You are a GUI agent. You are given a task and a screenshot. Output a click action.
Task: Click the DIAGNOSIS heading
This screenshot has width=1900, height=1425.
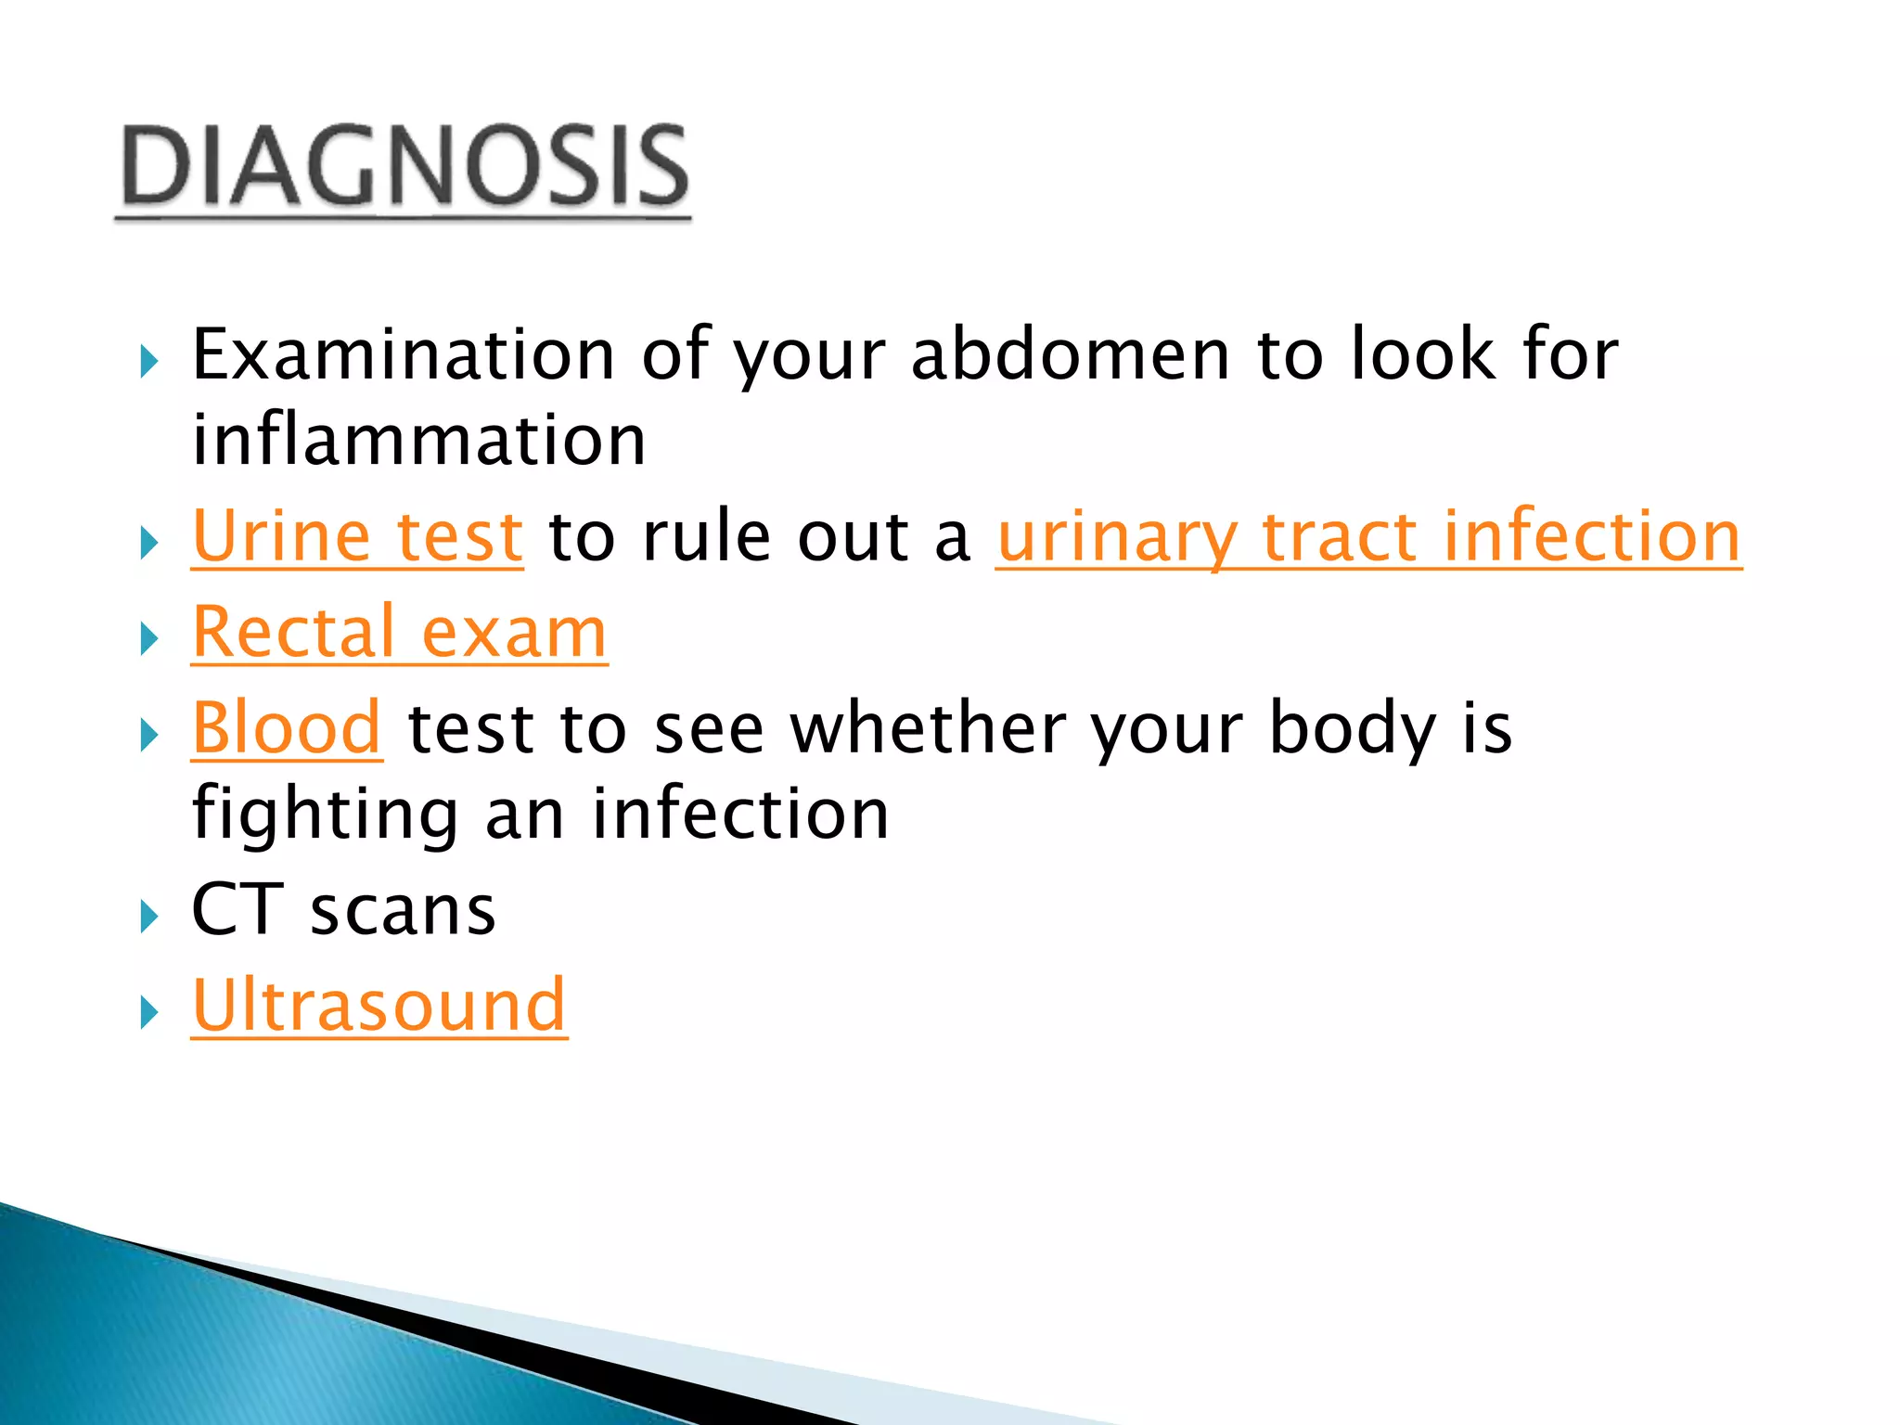click(403, 167)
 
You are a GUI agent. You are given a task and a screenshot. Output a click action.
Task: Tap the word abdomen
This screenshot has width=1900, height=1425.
click(1070, 354)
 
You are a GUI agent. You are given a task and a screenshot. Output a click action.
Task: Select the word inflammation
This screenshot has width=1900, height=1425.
click(418, 440)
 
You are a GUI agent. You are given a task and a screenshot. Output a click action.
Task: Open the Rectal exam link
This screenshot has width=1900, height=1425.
click(399, 633)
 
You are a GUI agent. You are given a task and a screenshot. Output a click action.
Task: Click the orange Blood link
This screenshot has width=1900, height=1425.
click(287, 728)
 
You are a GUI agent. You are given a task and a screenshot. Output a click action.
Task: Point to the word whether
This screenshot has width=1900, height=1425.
click(927, 728)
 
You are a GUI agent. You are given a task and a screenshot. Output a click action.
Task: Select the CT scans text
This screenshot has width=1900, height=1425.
click(343, 910)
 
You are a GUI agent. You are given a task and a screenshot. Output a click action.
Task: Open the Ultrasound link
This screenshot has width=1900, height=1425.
click(379, 1006)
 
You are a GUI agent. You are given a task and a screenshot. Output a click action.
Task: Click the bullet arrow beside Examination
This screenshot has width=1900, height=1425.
click(148, 362)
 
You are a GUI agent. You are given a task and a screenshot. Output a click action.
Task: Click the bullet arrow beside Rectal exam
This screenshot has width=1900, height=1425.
click(148, 639)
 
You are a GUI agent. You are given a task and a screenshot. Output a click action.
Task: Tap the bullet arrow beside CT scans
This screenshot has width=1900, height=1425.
click(148, 917)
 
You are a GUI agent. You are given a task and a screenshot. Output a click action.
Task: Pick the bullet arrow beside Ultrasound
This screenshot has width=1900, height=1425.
click(148, 1012)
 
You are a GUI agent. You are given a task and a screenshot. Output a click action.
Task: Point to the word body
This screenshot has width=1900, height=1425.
click(1352, 728)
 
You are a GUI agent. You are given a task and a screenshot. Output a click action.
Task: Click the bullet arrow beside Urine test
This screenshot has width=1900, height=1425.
click(148, 543)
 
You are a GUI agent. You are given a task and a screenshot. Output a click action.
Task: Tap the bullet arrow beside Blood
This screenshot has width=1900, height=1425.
click(148, 736)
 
